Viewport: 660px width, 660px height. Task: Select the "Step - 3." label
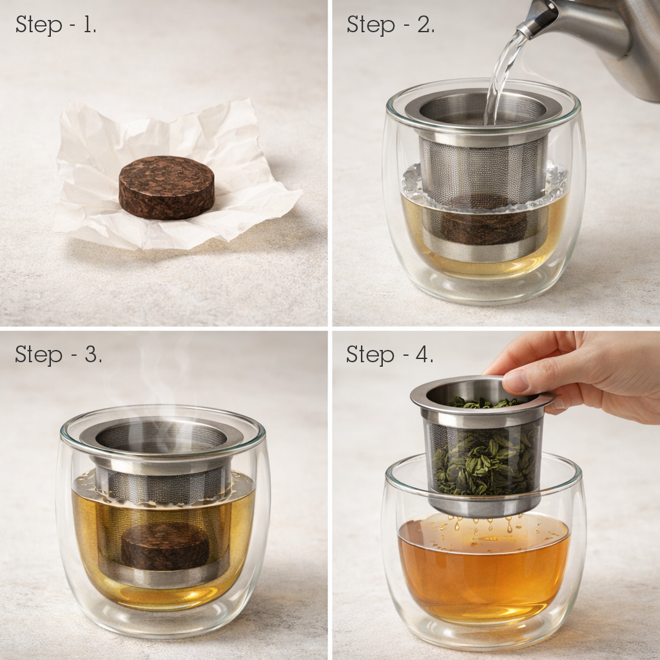click(58, 354)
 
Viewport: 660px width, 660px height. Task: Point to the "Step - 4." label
click(389, 354)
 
